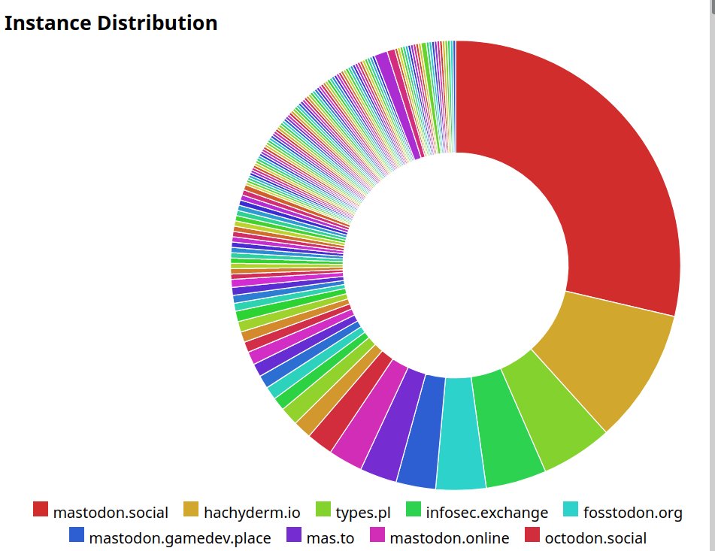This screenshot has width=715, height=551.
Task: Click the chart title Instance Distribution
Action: point(111,23)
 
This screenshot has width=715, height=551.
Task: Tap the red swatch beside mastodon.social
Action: point(41,510)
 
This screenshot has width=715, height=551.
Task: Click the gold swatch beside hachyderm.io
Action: point(191,510)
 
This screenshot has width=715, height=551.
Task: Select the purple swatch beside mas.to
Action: point(294,534)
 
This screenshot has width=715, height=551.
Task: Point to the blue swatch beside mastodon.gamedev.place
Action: point(76,534)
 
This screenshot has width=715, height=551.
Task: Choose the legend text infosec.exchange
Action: point(486,513)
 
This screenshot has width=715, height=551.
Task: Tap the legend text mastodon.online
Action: point(450,538)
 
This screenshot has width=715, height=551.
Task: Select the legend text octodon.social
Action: point(595,538)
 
